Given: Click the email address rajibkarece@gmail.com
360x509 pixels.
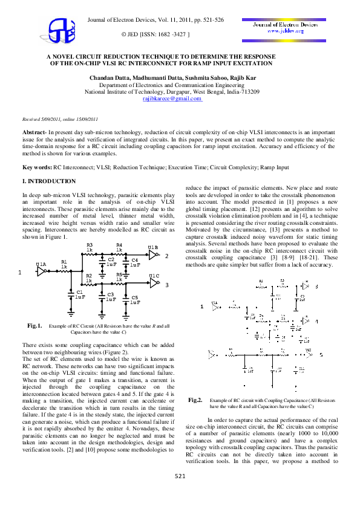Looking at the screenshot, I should pos(172,98).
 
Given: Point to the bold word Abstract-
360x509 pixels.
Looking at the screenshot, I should pos(35,131).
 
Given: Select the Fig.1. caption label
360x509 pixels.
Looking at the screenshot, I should pos(34,326).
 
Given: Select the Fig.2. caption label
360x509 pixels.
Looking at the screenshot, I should pos(195,400).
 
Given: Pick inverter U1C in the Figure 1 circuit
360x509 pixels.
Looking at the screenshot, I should pos(154,282).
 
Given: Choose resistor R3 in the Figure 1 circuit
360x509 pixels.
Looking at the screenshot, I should pos(90,248).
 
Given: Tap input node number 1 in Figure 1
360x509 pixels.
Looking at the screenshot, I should pos(19,273).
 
